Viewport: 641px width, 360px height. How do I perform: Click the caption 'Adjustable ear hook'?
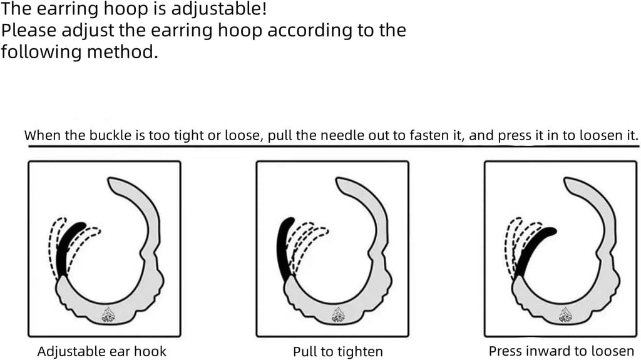tap(102, 351)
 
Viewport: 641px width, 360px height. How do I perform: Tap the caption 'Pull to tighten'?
tap(337, 351)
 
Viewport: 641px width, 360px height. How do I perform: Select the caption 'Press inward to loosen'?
tap(562, 351)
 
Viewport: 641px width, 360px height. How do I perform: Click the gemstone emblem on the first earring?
tap(108, 314)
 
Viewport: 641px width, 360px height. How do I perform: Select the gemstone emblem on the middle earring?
tap(337, 314)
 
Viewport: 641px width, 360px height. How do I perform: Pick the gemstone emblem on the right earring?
tap(565, 314)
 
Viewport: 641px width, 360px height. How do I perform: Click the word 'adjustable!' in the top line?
tap(218, 9)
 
